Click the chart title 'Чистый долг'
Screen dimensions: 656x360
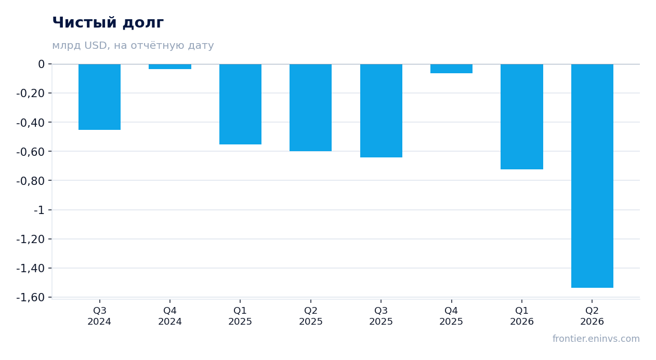108,23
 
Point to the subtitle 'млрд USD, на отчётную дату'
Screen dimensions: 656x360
133,46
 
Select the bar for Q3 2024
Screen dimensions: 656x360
100,97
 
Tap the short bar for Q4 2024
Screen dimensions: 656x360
170,66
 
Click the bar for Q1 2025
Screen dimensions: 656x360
241,104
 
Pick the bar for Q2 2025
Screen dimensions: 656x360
311,108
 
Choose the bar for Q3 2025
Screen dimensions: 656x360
381,111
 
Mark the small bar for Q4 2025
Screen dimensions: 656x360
451,69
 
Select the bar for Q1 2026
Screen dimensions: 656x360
522,117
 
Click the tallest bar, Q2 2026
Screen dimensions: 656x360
592,176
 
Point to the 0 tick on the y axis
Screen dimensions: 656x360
41,64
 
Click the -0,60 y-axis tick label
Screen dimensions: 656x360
31,152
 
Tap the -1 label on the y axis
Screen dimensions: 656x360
39,210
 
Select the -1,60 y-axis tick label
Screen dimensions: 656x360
31,298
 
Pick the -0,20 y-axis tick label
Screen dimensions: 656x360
31,94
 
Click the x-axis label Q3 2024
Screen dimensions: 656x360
100,316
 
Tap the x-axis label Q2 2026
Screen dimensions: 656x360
592,316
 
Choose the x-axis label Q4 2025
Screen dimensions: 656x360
451,316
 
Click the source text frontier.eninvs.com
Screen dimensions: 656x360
596,339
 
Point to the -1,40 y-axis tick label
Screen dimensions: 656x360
31,269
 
